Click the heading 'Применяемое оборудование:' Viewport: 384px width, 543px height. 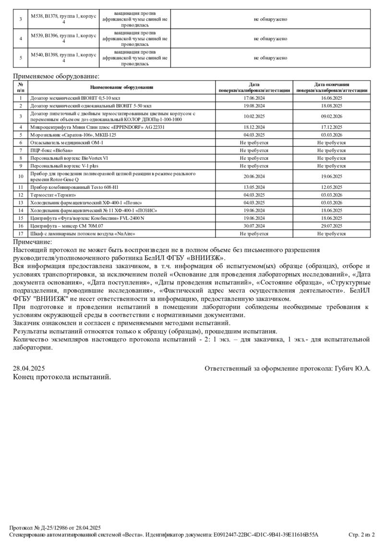coord(56,76)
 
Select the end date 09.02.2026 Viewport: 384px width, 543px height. coord(331,116)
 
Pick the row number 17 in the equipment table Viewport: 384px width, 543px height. coord(21,234)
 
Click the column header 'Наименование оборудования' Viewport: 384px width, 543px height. coord(121,87)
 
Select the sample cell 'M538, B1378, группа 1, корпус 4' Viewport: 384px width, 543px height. coord(64,19)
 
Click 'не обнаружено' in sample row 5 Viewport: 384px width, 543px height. coord(271,58)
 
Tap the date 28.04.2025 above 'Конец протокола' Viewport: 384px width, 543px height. coord(29,368)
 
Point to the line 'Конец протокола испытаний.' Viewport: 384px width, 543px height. coord(62,377)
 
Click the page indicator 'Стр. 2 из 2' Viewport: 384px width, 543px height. coord(361,534)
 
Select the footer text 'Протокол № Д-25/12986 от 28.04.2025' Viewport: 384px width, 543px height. coord(55,527)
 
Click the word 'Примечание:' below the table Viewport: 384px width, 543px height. coord(32,242)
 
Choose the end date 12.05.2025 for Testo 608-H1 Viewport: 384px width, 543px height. coord(331,187)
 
